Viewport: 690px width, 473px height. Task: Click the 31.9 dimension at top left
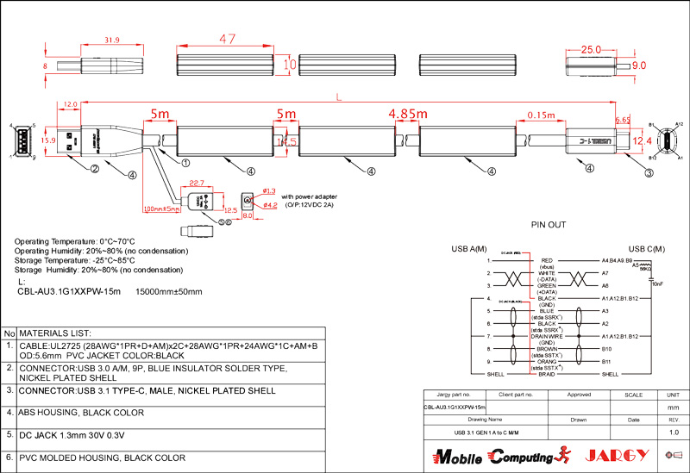[111, 40]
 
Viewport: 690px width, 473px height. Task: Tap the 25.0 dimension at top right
[590, 50]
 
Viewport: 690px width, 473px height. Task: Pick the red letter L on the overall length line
[338, 99]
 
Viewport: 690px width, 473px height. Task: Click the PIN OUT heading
[548, 225]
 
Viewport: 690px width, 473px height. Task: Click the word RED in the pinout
[547, 259]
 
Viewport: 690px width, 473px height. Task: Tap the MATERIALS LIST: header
[55, 333]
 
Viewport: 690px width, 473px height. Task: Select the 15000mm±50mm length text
[169, 291]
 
